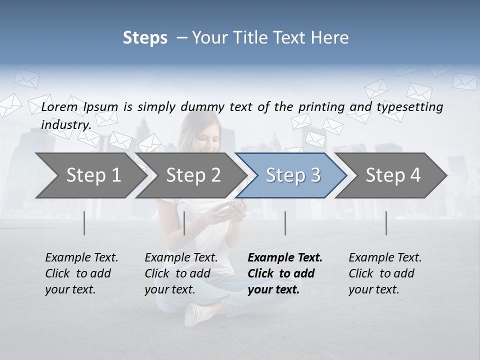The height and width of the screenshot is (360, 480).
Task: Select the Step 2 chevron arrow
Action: [x=190, y=175]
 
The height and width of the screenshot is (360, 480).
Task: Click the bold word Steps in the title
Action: [x=145, y=38]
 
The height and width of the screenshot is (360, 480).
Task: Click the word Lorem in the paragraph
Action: [x=59, y=106]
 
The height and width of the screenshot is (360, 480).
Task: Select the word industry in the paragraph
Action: [x=65, y=124]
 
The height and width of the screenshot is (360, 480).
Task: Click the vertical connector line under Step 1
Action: [x=84, y=223]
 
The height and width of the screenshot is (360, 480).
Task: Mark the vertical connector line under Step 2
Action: [x=184, y=223]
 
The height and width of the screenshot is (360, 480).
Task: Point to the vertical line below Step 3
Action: [x=285, y=223]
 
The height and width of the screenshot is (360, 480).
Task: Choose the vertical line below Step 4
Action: [x=386, y=223]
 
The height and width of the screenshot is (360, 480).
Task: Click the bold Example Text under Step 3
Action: [x=285, y=258]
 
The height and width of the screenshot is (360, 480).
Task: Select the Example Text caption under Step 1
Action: [x=81, y=258]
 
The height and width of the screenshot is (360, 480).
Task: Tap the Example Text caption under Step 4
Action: [x=385, y=258]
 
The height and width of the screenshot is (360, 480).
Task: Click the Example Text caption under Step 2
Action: [x=181, y=258]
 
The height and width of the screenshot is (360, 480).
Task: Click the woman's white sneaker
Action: [x=197, y=313]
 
